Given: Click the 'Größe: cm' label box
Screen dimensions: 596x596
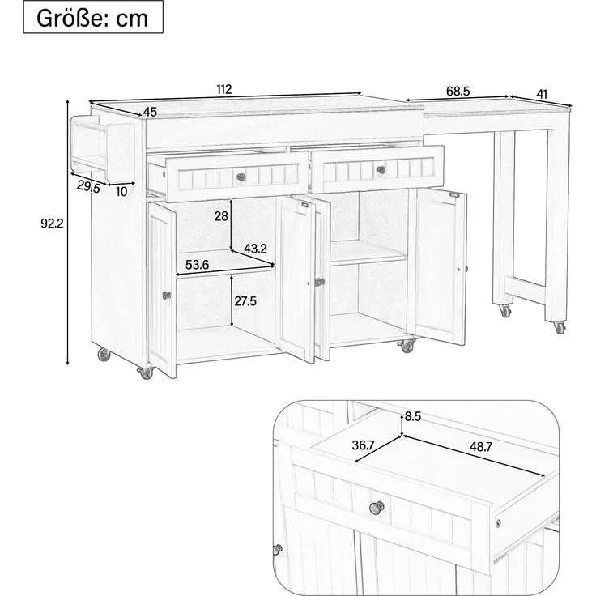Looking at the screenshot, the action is (x=93, y=17).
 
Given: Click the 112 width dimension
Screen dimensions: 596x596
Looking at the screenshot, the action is (x=224, y=90).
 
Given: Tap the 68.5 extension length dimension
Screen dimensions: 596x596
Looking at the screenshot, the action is (x=458, y=92).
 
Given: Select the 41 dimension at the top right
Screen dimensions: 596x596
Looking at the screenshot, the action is (x=542, y=94).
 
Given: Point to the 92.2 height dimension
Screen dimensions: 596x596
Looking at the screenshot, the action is (x=52, y=223).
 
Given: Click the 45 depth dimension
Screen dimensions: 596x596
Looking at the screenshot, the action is (x=150, y=112).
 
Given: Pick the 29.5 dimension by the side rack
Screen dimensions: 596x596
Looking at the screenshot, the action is (x=88, y=186).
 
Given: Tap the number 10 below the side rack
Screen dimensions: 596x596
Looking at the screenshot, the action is (x=121, y=192).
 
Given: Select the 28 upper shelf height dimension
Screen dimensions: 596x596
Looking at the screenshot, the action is (x=221, y=216).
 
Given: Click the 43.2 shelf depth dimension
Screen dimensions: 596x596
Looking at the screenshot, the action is (x=255, y=249).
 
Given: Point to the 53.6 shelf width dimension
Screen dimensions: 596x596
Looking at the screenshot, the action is (x=198, y=265).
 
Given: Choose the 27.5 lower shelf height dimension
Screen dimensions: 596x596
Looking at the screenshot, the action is (x=245, y=301).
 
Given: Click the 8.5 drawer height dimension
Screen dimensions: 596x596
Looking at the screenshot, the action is (x=413, y=416).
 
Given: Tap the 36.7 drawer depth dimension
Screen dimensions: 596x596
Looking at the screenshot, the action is (x=364, y=445).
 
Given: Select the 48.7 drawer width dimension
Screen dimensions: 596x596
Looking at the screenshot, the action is (x=481, y=447).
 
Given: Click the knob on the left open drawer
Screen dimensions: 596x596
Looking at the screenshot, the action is (x=241, y=177).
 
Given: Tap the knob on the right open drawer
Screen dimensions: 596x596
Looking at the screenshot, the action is (x=380, y=170).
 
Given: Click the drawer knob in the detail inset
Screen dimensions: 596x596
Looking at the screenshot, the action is (x=377, y=507).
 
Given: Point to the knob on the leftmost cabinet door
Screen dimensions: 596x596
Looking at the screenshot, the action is (x=167, y=295).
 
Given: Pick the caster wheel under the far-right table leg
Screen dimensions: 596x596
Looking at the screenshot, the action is (x=559, y=328).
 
